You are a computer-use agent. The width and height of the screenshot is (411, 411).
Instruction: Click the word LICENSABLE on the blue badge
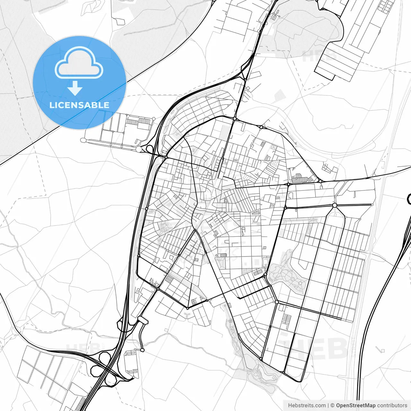[x=79, y=105]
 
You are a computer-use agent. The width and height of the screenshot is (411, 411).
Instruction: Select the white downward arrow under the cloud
[x=75, y=88]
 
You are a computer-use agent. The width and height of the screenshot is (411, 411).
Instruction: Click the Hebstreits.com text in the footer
[x=307, y=406]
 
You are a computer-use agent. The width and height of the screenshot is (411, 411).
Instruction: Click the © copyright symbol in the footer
[x=333, y=406]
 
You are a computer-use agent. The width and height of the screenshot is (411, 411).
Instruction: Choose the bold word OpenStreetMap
[x=356, y=406]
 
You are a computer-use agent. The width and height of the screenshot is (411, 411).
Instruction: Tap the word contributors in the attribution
[x=392, y=406]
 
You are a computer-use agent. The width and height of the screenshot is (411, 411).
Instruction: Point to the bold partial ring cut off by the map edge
[x=409, y=199]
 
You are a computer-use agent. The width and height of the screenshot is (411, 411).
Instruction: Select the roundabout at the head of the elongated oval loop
[x=335, y=205]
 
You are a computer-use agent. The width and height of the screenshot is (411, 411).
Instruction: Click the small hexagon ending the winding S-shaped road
[x=143, y=350]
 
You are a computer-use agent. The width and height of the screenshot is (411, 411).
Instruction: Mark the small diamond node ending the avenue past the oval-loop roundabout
[x=372, y=205]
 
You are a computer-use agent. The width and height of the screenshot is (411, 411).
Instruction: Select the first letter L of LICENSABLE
[x=51, y=105]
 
